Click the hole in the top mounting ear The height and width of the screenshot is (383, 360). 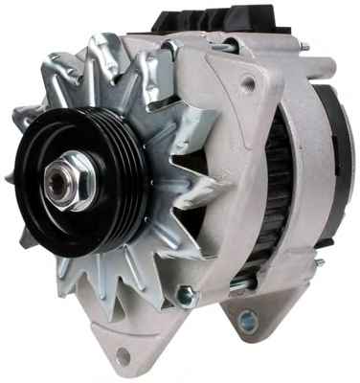pos(249,84)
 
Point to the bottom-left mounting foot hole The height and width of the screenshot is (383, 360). pos(124,355)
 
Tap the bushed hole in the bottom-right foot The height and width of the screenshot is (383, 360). pos(251,320)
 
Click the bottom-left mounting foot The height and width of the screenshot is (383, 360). pos(120,349)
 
